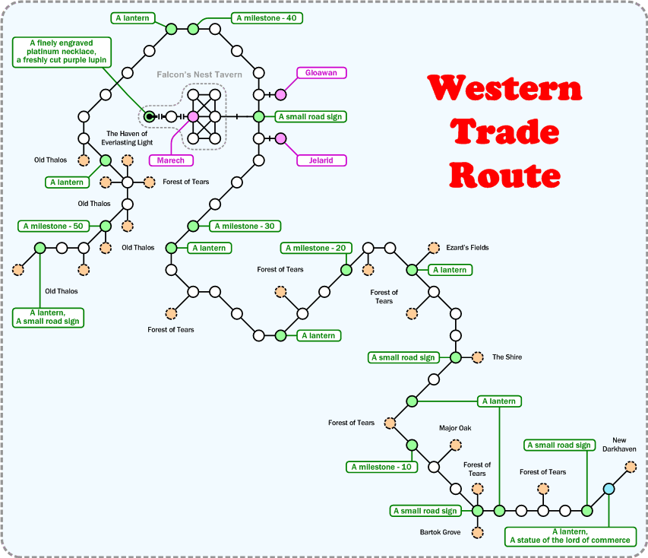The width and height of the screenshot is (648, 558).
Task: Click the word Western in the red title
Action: point(504,89)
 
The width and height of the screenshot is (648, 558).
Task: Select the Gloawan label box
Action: point(321,73)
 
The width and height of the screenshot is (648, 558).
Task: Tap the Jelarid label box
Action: point(321,160)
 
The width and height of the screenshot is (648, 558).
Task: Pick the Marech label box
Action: point(171,160)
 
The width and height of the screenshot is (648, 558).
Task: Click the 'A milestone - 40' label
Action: point(267,18)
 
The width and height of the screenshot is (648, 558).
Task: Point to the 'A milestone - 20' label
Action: point(317,248)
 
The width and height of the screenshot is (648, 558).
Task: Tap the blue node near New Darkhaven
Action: point(608,489)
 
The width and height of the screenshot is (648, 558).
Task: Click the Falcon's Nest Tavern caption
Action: point(199,75)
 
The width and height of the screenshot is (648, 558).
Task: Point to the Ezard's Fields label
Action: point(467,248)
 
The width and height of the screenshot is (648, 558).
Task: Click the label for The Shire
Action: point(507,357)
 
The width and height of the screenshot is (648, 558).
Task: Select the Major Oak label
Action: point(455,428)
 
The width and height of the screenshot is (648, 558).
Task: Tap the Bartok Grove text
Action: point(440,532)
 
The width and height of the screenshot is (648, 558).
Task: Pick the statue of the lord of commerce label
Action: point(571,536)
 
